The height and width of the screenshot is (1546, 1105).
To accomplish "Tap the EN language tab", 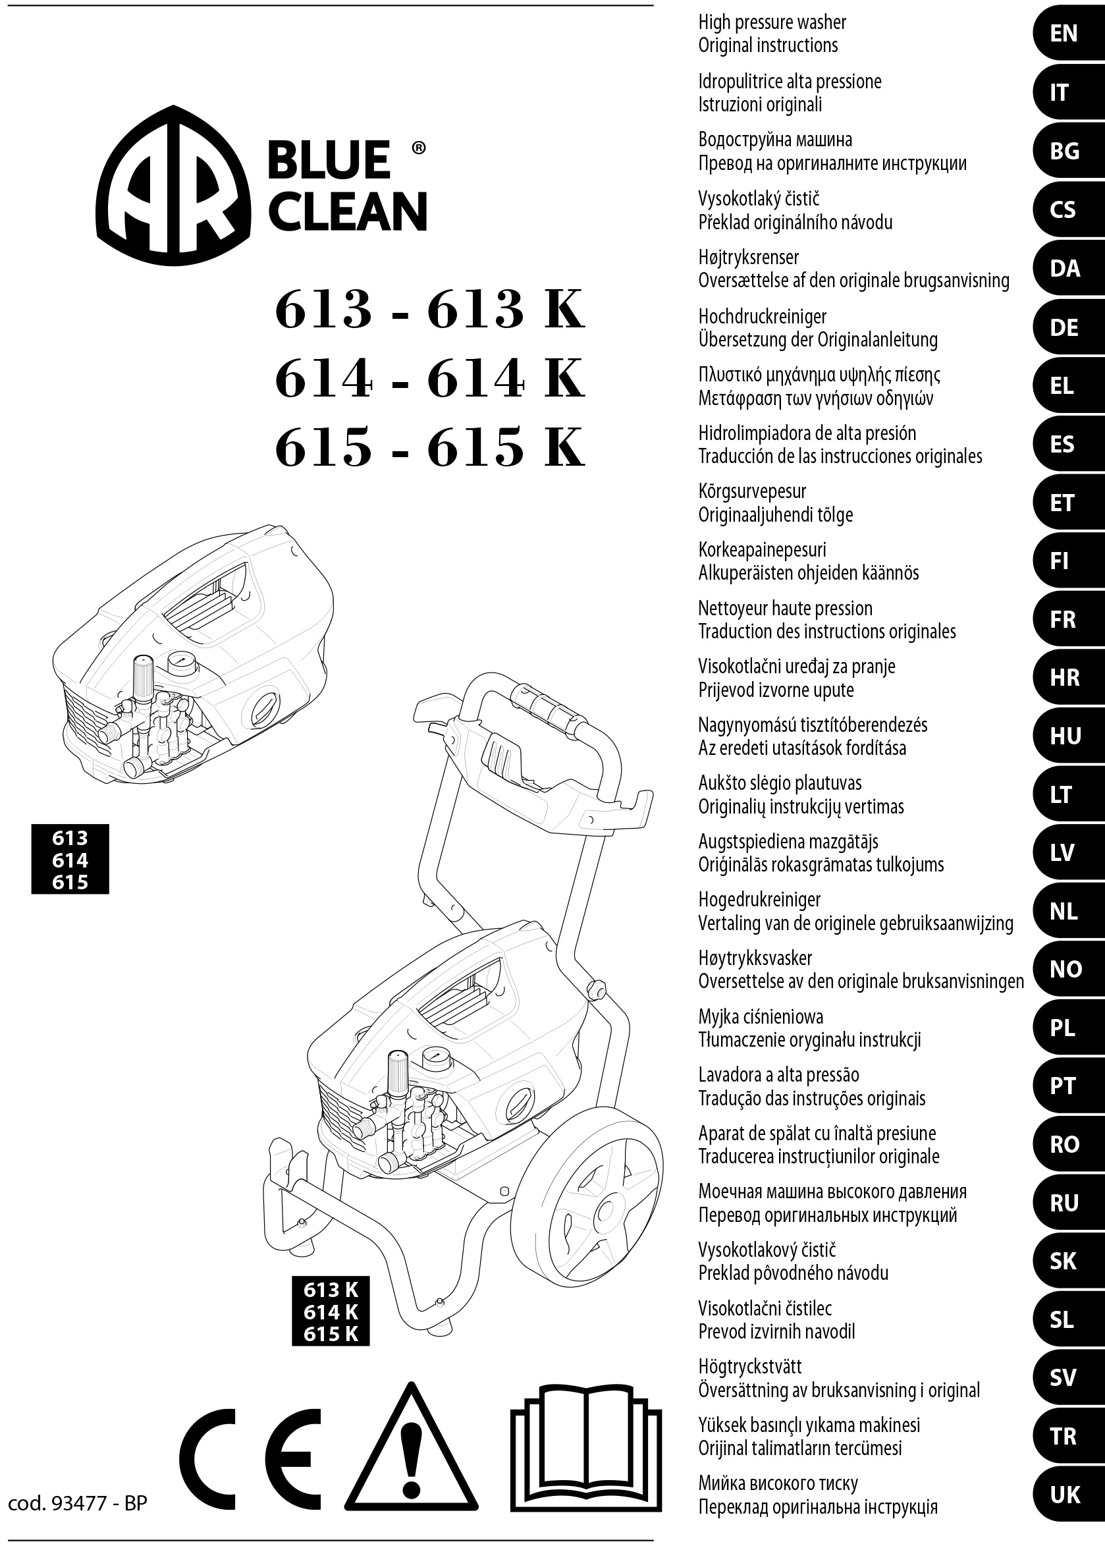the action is pyautogui.click(x=1065, y=34).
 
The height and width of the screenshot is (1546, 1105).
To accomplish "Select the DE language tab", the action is pyautogui.click(x=1065, y=327).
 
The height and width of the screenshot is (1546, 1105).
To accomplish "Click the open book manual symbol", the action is pyautogui.click(x=586, y=1448).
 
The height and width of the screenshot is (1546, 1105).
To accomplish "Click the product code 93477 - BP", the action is pyautogui.click(x=78, y=1503).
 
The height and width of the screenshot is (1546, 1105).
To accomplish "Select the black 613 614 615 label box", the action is pyautogui.click(x=70, y=860).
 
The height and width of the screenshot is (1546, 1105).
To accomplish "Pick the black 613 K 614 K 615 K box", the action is pyautogui.click(x=331, y=1311).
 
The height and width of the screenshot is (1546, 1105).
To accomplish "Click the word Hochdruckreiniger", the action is pyautogui.click(x=762, y=316).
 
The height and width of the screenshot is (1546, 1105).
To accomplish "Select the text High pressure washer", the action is pyautogui.click(x=772, y=22).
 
